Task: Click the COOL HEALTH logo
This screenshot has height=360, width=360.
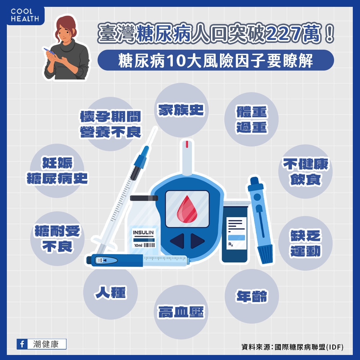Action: [x=24, y=15]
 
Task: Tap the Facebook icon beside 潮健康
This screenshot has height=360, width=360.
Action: [x=22, y=344]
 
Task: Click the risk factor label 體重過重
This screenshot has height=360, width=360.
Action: [x=252, y=120]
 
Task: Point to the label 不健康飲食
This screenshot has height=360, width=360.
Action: [x=305, y=172]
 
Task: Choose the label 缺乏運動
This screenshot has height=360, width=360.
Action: [x=305, y=244]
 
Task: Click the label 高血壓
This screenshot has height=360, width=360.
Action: [x=181, y=312]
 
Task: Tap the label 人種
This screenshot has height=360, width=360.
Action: [x=111, y=292]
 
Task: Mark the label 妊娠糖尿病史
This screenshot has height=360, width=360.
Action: [x=58, y=171]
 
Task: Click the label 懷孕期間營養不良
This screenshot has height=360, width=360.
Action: [x=111, y=125]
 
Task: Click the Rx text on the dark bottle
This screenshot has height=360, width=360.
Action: [x=230, y=245]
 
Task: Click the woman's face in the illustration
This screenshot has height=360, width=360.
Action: [x=64, y=30]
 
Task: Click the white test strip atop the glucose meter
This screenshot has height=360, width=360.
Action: [x=186, y=155]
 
